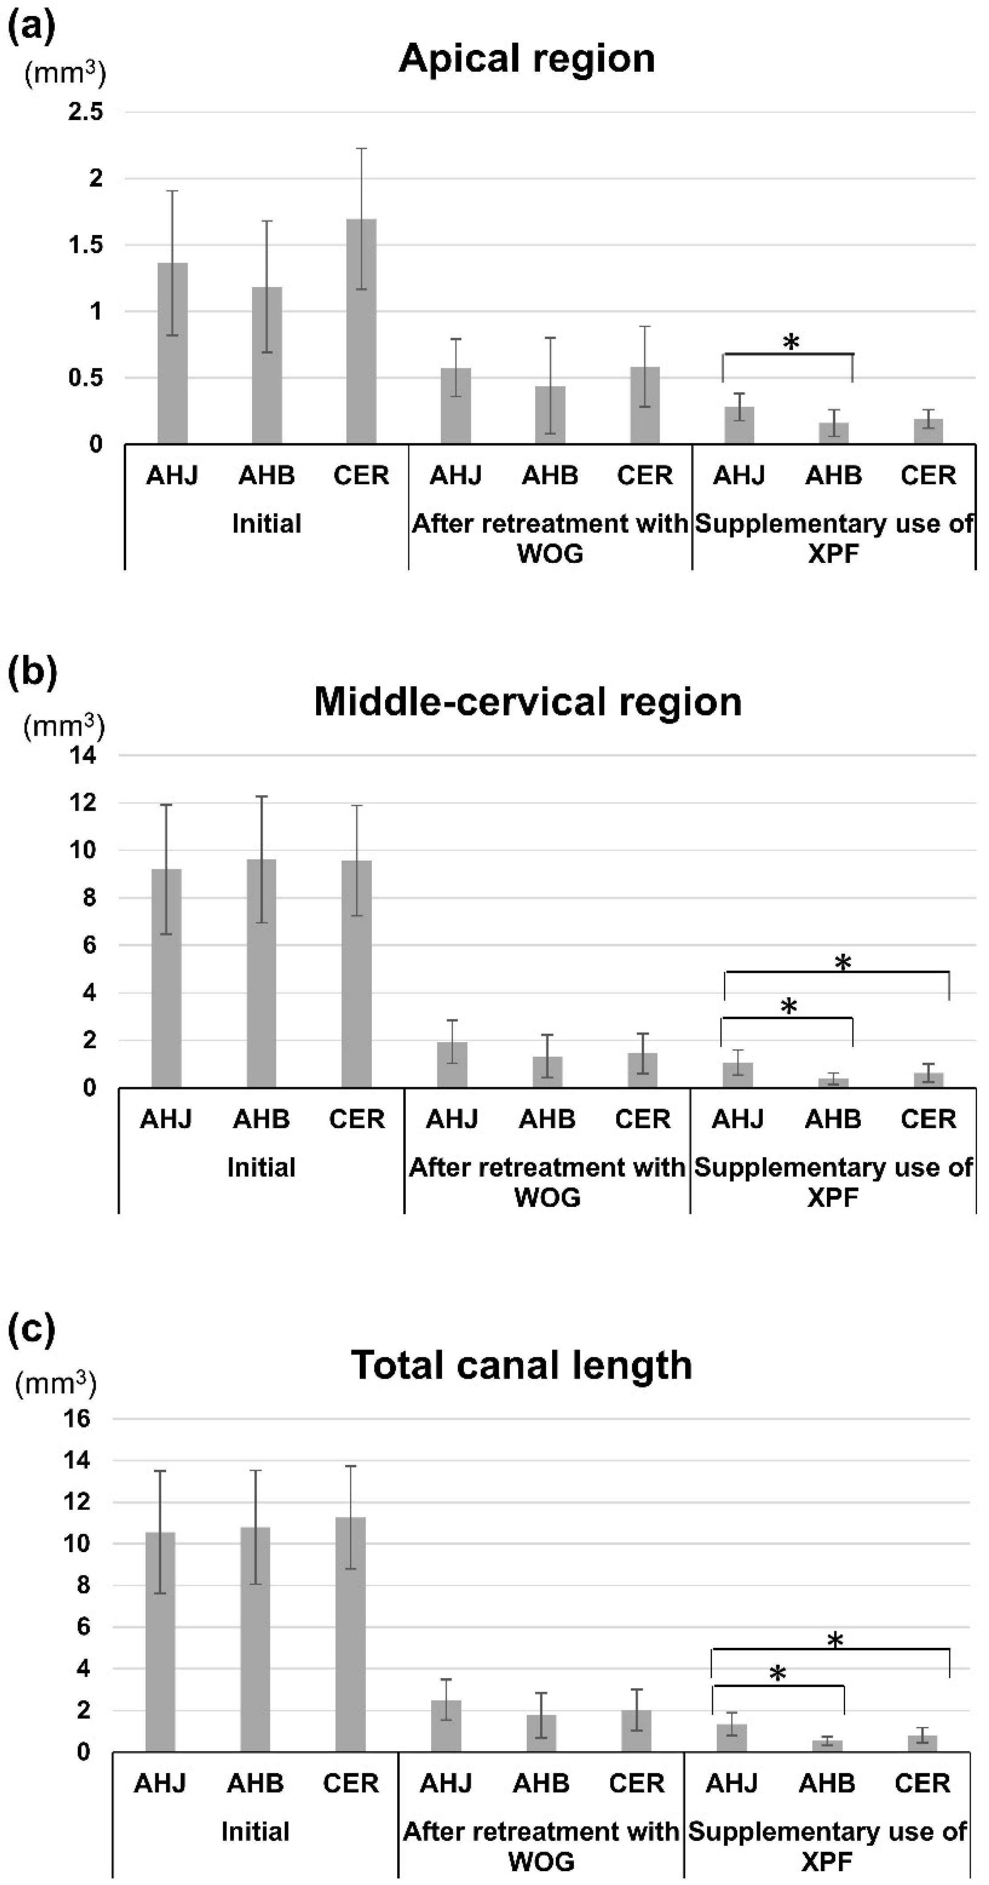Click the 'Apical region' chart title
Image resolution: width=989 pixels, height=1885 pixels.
click(x=526, y=59)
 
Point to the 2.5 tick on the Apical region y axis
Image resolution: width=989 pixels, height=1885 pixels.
click(x=85, y=112)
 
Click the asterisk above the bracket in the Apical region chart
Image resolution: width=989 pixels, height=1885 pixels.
click(x=790, y=342)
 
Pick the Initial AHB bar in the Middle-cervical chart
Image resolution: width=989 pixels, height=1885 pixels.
click(x=261, y=973)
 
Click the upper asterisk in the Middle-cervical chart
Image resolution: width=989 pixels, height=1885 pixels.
click(x=842, y=963)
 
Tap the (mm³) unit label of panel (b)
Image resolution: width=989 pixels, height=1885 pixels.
click(x=64, y=727)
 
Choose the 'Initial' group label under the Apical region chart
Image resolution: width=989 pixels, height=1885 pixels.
click(x=266, y=524)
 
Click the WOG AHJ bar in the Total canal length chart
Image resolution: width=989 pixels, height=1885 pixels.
click(x=446, y=1726)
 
